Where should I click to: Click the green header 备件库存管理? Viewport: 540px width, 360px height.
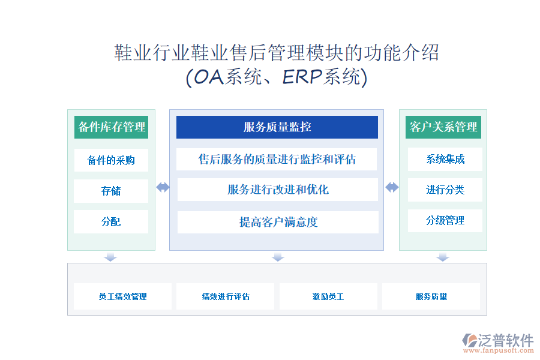(x=111, y=127)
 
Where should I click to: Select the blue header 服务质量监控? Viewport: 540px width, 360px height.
(x=277, y=127)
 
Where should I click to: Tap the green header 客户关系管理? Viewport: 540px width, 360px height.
(x=443, y=127)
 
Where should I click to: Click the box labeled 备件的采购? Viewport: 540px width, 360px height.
(x=111, y=160)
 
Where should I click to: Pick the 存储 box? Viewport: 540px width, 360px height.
(x=111, y=191)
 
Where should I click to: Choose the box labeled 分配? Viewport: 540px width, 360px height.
(x=111, y=221)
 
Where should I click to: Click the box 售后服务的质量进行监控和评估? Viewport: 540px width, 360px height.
(x=277, y=159)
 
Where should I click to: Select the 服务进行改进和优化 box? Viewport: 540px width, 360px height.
(x=278, y=190)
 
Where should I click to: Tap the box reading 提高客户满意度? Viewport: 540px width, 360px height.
(x=278, y=222)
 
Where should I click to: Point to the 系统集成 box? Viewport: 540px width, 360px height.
(x=445, y=159)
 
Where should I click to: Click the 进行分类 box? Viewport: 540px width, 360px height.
(x=445, y=190)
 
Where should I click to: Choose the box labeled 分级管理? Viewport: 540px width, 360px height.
(x=445, y=220)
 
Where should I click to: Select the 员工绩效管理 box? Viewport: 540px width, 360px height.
(x=122, y=296)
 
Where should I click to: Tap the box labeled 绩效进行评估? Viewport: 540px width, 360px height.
(x=225, y=296)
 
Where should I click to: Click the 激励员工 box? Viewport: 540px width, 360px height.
(x=328, y=296)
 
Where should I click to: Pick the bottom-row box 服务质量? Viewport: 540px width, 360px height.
(x=431, y=296)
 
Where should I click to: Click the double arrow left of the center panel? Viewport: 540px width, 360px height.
(x=163, y=187)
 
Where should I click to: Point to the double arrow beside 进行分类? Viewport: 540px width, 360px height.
(x=392, y=187)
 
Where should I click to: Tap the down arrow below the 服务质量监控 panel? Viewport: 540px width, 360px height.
(x=278, y=257)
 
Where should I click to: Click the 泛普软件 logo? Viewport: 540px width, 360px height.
(x=499, y=343)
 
